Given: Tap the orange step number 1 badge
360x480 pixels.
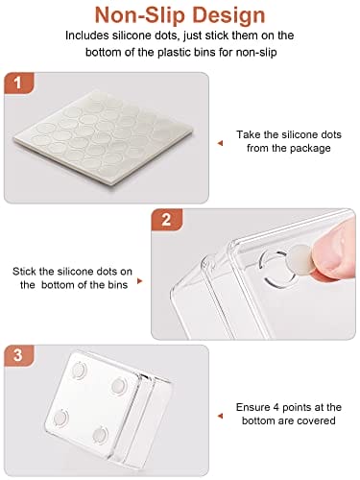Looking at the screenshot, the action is [18, 83].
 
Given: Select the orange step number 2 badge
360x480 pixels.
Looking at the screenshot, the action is [166, 220].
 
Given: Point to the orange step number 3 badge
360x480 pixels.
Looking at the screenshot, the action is [18, 355].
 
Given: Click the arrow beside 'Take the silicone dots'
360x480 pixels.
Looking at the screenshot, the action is [220, 143].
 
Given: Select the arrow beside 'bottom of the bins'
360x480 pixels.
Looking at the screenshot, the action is [139, 281].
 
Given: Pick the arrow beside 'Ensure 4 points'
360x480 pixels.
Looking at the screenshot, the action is [220, 416].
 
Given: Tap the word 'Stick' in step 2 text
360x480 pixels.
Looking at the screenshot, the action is [24, 272].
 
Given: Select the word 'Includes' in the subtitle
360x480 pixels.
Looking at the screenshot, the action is [86, 36].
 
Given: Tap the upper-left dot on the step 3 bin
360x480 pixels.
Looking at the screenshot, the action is [79, 371].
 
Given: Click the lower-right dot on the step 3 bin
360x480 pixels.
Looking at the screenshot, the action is [100, 434].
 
